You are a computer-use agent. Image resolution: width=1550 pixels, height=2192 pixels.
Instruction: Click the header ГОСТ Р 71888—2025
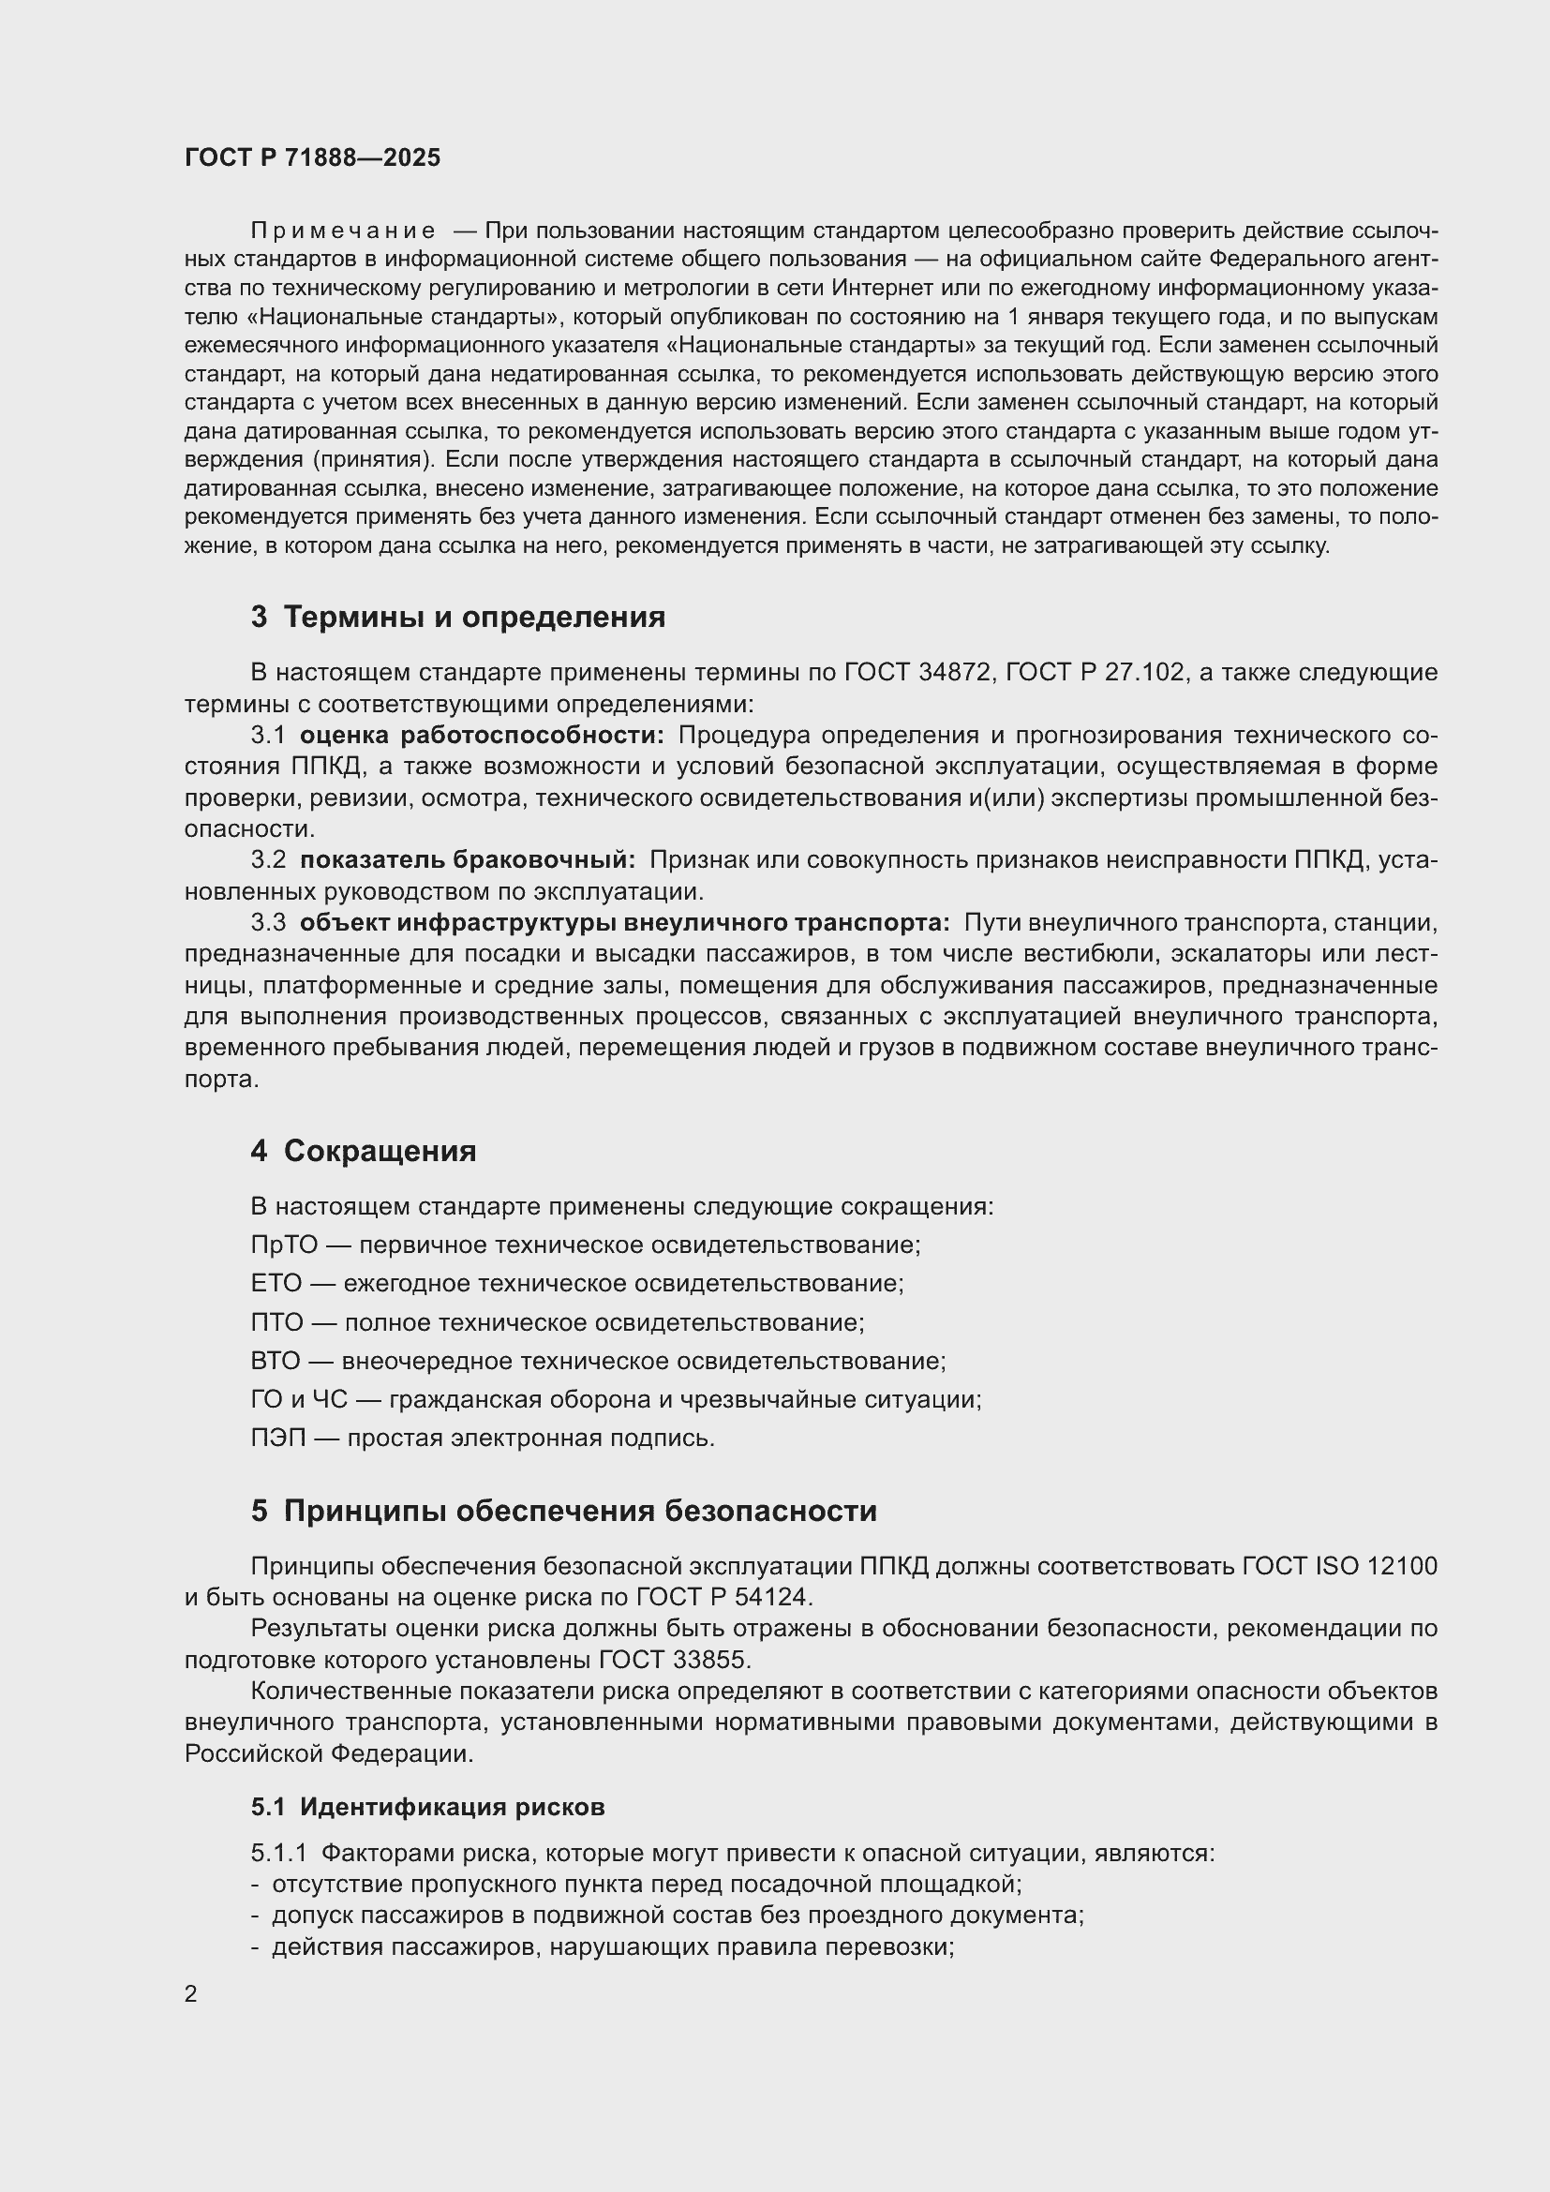(x=312, y=157)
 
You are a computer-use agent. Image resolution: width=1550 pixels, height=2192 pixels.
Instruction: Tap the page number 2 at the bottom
(x=191, y=1993)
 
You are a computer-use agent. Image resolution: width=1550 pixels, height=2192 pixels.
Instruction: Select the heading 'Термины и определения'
(x=473, y=617)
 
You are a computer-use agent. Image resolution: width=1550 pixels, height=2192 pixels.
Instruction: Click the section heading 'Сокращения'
(x=379, y=1151)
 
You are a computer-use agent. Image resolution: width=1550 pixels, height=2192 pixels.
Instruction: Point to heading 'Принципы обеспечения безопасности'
(x=579, y=1511)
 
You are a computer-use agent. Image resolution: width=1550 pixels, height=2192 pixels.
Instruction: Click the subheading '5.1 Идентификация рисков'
(x=427, y=1806)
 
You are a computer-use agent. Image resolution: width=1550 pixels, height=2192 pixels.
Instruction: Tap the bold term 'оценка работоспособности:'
(x=482, y=735)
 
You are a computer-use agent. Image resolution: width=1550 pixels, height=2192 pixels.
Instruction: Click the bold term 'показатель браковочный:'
(x=467, y=860)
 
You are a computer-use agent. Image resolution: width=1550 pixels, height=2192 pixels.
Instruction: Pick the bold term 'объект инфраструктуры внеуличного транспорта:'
(x=624, y=923)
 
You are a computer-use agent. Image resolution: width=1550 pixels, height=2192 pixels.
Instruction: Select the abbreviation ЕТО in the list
(x=275, y=1283)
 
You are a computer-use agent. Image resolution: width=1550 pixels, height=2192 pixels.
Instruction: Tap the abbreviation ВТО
(x=275, y=1361)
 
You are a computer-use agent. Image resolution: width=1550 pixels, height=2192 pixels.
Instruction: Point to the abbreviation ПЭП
(x=277, y=1438)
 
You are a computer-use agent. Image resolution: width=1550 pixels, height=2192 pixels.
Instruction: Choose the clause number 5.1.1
(x=278, y=1853)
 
